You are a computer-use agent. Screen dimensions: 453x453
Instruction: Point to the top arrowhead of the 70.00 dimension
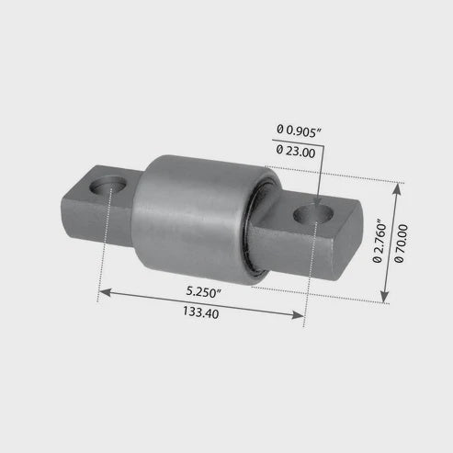coord(398,187)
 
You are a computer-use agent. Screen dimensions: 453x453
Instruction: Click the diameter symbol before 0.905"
coord(279,130)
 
